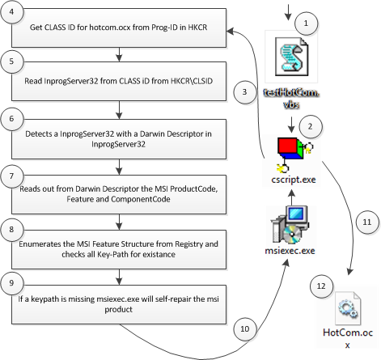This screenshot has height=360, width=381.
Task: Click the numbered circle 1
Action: (306, 23)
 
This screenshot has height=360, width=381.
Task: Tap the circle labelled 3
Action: (244, 92)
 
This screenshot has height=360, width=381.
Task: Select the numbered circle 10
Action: (245, 329)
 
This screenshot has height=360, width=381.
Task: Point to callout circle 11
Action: (367, 222)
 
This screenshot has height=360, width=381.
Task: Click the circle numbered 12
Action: (321, 286)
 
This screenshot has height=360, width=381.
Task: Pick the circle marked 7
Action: (11, 176)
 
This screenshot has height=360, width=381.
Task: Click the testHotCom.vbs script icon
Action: (291, 57)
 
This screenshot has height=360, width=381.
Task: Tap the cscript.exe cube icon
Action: (295, 155)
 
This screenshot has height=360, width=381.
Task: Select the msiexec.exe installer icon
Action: (290, 225)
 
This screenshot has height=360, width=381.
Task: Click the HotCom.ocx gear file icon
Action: (348, 309)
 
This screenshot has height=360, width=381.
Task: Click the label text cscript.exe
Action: (294, 180)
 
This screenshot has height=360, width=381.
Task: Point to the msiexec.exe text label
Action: (290, 251)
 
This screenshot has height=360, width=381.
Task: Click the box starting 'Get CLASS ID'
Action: (119, 28)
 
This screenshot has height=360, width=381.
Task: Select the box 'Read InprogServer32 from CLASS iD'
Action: (119, 81)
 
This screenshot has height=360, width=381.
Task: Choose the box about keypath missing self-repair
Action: (119, 304)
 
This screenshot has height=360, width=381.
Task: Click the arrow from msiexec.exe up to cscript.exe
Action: (291, 197)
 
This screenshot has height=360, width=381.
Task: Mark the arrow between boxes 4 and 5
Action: (119, 54)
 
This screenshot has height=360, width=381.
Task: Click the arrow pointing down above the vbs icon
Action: (288, 12)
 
